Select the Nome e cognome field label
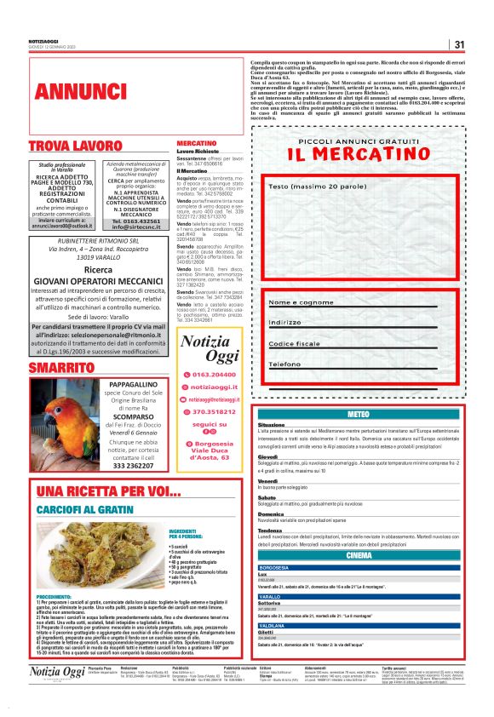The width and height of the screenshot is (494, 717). tap(302, 302)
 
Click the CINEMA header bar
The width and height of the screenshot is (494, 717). tap(359, 555)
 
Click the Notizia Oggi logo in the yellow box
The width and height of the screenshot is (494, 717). tap(210, 349)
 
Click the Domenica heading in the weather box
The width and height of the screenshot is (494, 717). tap(271, 514)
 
